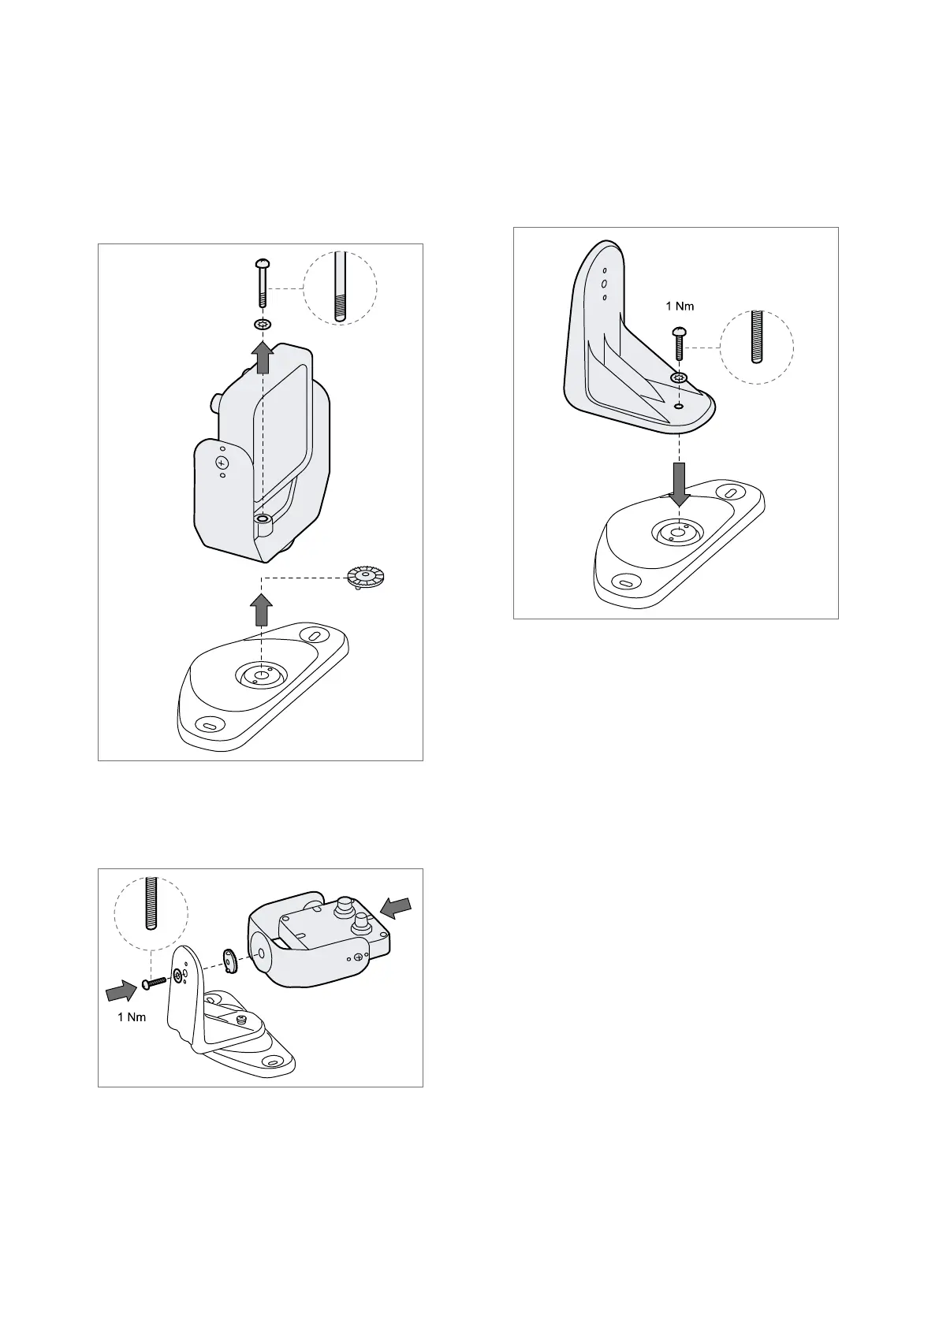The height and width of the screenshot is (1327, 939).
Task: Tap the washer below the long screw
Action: pos(262,325)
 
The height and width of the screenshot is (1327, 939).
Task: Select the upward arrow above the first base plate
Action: pos(262,610)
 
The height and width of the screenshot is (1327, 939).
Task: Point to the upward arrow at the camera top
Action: pos(262,357)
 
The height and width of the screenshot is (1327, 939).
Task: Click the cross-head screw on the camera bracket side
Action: pos(222,462)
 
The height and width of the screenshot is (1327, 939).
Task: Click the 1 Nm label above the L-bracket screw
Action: pos(680,307)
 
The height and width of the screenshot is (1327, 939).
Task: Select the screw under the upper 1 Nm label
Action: pos(678,343)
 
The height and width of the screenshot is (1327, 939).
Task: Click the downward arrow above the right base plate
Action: pos(680,484)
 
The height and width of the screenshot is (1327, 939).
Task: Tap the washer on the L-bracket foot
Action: pos(678,377)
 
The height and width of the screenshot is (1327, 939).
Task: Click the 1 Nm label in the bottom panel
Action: pos(132,1017)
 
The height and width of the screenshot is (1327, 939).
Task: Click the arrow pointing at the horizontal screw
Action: pos(121,990)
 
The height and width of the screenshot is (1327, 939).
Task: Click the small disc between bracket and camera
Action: pos(229,961)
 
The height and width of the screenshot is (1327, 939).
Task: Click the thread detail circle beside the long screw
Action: pos(341,288)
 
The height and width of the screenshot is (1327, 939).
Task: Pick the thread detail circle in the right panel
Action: pos(756,348)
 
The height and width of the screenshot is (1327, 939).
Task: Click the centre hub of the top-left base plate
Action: pos(261,675)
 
